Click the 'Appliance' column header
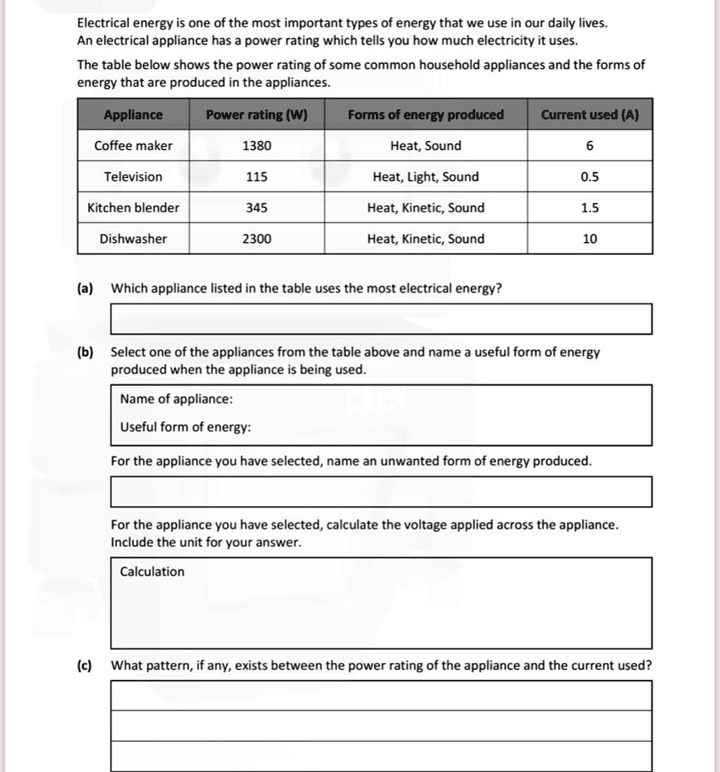pyautogui.click(x=133, y=115)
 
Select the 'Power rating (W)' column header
pyautogui.click(x=256, y=115)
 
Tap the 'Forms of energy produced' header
pyautogui.click(x=425, y=115)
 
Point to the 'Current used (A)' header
pyautogui.click(x=590, y=115)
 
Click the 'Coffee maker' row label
pyautogui.click(x=133, y=146)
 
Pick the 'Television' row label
pyautogui.click(x=133, y=176)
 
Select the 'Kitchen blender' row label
pyautogui.click(x=133, y=207)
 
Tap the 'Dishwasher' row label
pyautogui.click(x=133, y=239)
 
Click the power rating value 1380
pyautogui.click(x=256, y=146)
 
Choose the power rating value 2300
pyautogui.click(x=256, y=239)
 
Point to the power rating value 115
pyautogui.click(x=256, y=176)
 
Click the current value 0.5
pyautogui.click(x=590, y=176)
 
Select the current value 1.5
pyautogui.click(x=590, y=207)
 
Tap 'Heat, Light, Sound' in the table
pyautogui.click(x=425, y=176)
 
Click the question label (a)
pyautogui.click(x=84, y=288)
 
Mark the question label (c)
pyautogui.click(x=84, y=665)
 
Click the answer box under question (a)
pyautogui.click(x=381, y=318)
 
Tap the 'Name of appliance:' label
pyautogui.click(x=176, y=399)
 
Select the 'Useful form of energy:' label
pyautogui.click(x=185, y=427)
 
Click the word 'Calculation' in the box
pyautogui.click(x=152, y=571)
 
